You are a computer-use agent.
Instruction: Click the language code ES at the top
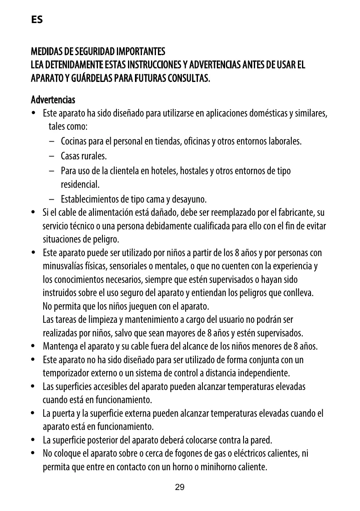[37, 20]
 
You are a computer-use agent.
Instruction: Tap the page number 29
[180, 488]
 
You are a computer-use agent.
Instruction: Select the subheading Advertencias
[53, 100]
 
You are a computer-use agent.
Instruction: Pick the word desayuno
[191, 200]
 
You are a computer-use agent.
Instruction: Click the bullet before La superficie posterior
[33, 440]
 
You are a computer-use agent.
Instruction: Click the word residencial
[80, 184]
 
